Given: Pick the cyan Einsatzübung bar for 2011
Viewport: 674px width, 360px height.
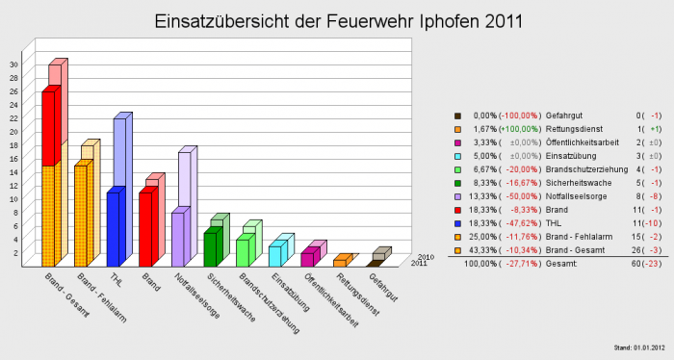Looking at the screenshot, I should (274, 255).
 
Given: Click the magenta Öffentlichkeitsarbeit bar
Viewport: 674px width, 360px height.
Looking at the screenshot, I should (307, 258).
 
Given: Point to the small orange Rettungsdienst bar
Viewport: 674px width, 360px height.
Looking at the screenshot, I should (340, 262).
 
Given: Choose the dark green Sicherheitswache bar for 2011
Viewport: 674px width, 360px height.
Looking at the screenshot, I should (210, 248).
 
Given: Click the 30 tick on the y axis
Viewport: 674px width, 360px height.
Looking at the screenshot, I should (13, 64).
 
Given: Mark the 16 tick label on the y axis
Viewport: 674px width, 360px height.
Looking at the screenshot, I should (13, 159).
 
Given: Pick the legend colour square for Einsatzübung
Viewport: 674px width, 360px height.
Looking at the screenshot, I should (458, 154).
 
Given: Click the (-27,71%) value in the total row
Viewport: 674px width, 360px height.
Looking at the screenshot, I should (521, 264).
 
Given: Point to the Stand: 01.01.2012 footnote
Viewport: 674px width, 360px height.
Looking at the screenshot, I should (636, 347).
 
